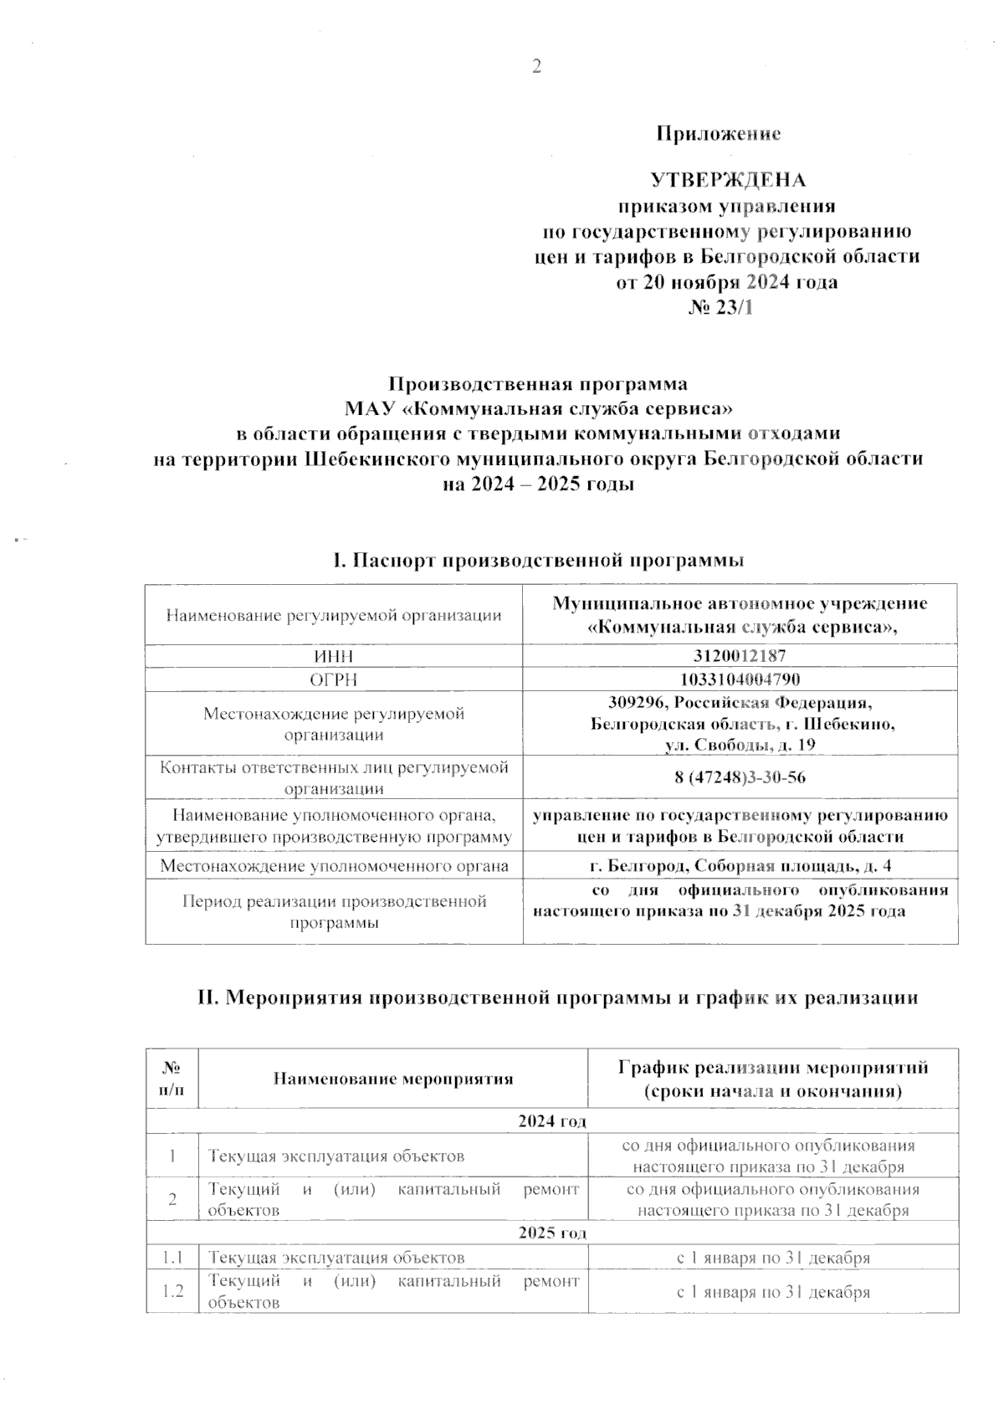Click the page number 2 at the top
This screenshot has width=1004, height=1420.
coord(537,67)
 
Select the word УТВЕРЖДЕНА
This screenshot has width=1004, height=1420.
coord(728,181)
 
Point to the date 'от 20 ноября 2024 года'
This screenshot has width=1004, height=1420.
coord(727,282)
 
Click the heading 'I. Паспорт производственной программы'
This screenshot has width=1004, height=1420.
coord(538,560)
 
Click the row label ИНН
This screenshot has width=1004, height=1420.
coord(333,655)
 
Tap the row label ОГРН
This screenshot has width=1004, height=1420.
coord(333,679)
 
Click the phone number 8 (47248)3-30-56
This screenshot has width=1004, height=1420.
coord(740,777)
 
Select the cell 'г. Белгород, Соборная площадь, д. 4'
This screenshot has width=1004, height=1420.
coord(740,866)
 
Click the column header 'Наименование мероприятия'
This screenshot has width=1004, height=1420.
coord(392,1079)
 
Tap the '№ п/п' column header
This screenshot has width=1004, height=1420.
coord(172,1079)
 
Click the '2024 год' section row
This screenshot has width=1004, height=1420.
coord(551,1120)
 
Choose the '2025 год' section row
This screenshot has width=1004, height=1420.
coord(551,1233)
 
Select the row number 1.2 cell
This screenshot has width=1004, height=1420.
coord(172,1291)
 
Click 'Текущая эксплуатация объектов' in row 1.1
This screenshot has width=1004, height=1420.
coord(336,1257)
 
